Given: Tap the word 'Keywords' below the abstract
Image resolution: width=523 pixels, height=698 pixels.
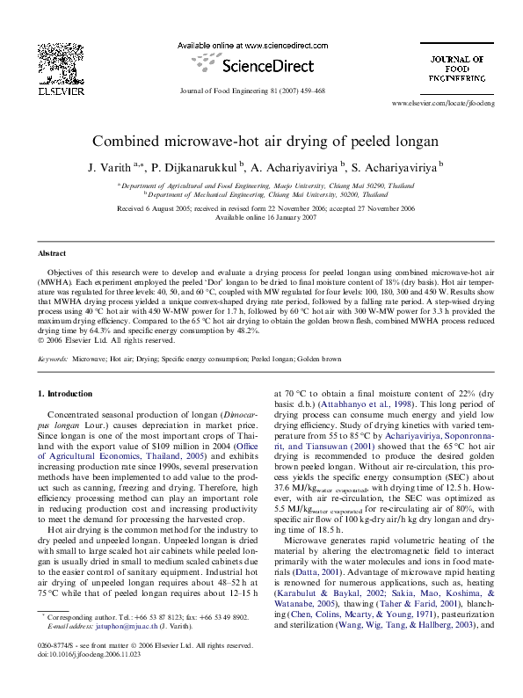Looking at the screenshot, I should [x=53, y=360].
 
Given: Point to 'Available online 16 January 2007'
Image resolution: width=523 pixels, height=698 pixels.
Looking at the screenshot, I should [x=261, y=217].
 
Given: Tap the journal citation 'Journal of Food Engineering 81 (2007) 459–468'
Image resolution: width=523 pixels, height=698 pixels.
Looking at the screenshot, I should [x=252, y=91].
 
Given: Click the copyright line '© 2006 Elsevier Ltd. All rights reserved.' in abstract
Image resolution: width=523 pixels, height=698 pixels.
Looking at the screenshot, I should [x=107, y=340].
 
